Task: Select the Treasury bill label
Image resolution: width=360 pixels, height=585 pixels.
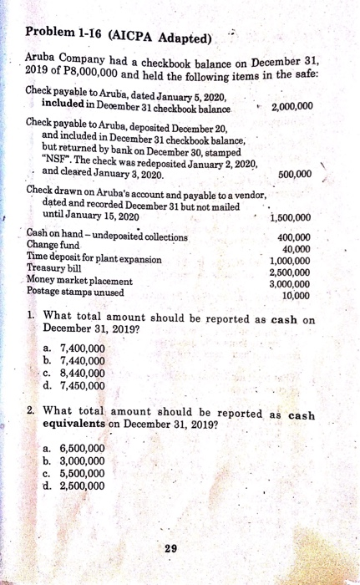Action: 58,269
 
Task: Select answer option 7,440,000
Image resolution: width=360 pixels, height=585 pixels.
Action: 84,362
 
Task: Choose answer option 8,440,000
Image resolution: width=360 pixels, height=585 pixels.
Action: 84,374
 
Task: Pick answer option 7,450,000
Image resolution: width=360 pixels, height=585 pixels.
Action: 84,385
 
